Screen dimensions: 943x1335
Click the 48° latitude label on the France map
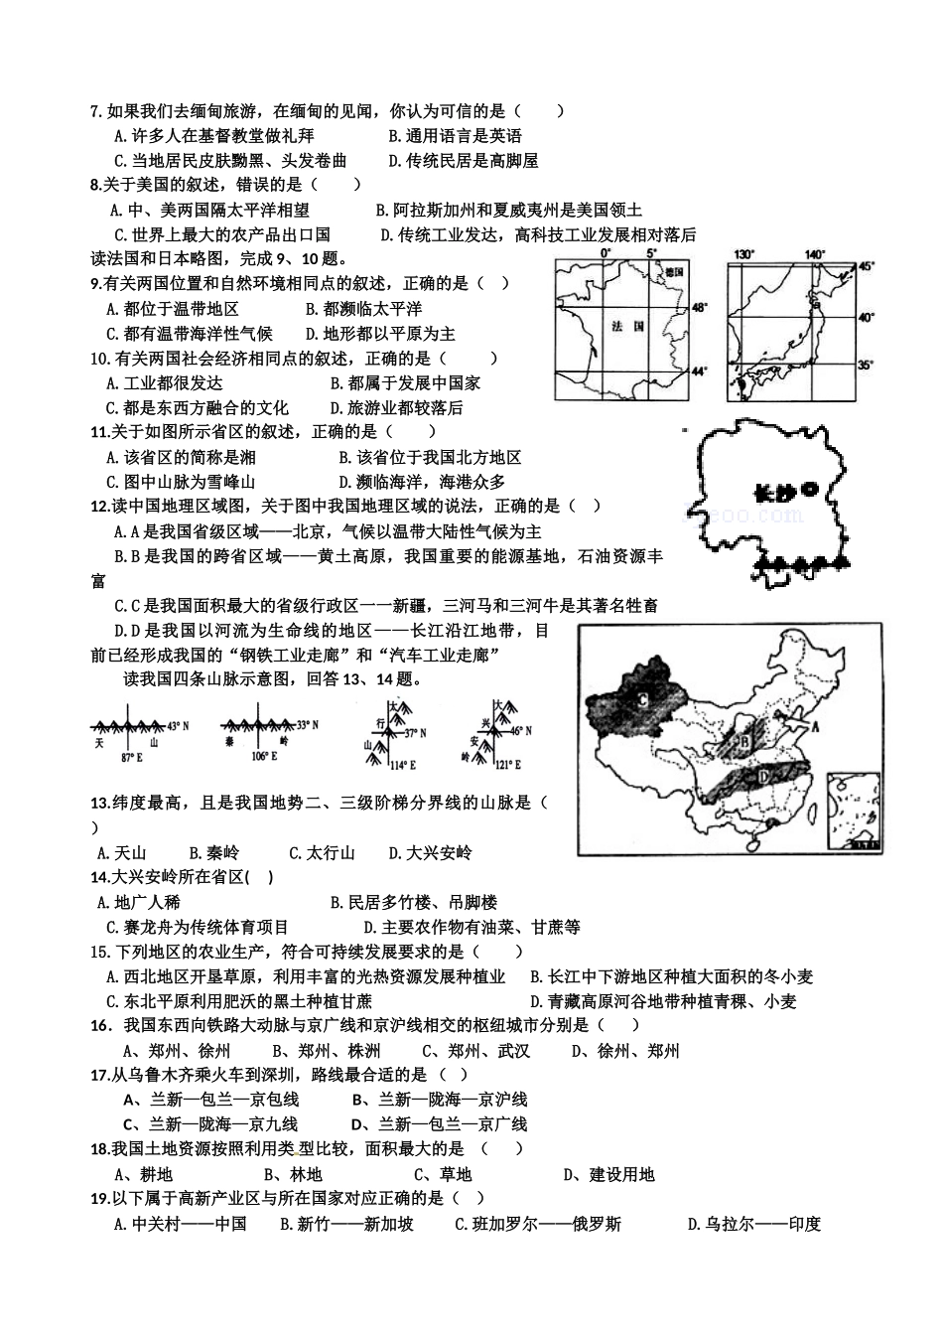[699, 309]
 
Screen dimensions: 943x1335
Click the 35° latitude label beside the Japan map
[866, 366]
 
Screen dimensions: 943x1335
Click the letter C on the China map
[642, 699]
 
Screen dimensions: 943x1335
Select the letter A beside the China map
[816, 726]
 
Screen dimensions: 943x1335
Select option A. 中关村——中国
[180, 1225]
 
